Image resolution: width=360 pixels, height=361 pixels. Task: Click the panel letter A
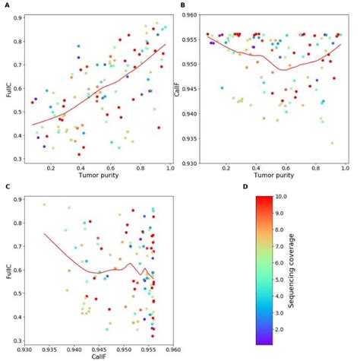(6, 5)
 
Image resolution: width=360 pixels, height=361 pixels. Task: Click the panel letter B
(182, 5)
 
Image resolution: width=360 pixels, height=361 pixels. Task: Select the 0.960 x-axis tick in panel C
(172, 350)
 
